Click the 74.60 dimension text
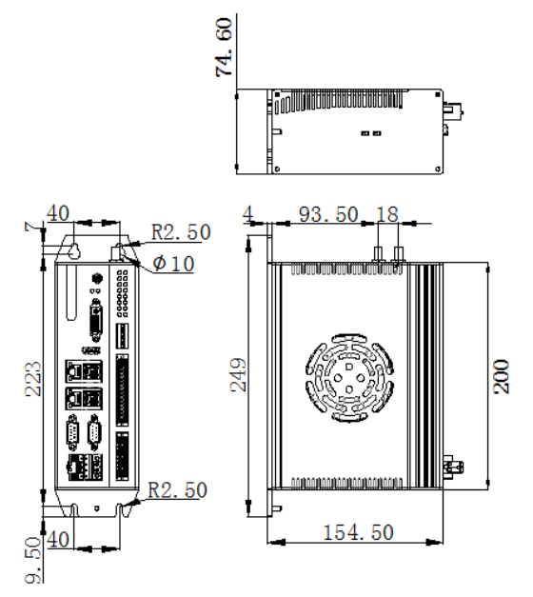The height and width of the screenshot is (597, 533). coord(224,48)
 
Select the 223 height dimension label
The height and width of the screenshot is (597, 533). coord(33,379)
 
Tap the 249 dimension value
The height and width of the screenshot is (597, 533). coord(239,374)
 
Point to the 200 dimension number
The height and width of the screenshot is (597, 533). coord(501,376)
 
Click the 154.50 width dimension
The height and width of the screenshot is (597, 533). coord(358,532)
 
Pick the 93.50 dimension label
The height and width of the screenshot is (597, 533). coord(328,214)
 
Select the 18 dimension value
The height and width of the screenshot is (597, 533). coord(387,214)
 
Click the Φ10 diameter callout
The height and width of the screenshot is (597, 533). coord(173,263)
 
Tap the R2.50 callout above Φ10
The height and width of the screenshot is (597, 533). coord(181,232)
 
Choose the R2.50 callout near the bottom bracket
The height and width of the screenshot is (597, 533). coord(177,490)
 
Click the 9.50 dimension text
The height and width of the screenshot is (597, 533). coord(33,560)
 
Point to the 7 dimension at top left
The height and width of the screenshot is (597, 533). coord(31,228)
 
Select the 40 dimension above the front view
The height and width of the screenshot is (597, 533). coord(58,213)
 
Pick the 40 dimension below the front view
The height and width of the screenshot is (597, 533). coord(58,540)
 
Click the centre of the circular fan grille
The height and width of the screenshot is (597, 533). coord(349,378)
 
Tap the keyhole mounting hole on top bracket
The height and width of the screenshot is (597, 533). coord(74,249)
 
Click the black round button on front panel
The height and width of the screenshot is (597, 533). coord(98,278)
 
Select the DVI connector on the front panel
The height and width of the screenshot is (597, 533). coord(96,320)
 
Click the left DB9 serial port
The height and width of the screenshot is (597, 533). coord(73,433)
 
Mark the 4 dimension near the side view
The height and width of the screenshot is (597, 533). coord(247,214)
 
